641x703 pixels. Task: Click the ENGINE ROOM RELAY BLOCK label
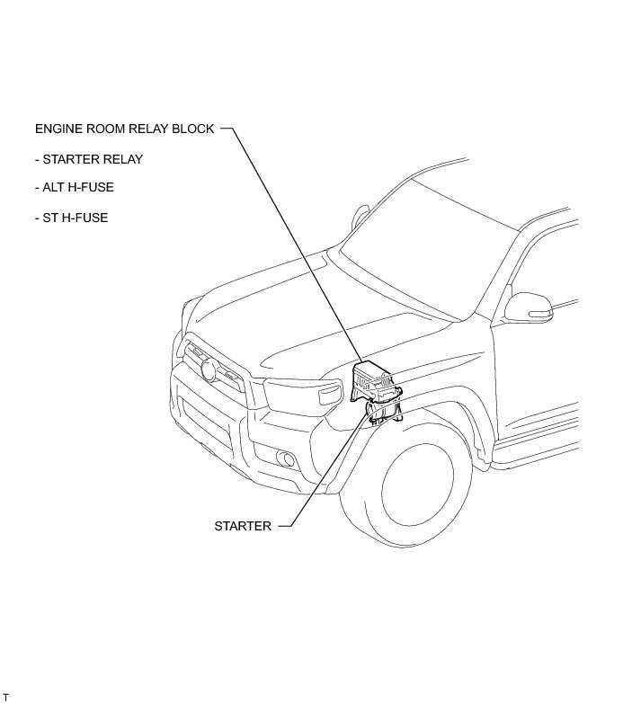coord(124,129)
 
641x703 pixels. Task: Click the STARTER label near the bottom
coord(242,526)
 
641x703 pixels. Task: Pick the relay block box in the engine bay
coord(375,378)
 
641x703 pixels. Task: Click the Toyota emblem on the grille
coord(210,369)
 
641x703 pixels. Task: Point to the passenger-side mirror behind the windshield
coord(361,217)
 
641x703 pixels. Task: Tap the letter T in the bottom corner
coord(5,698)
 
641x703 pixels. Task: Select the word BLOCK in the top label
coord(195,129)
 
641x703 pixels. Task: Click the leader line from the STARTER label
coord(324,476)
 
